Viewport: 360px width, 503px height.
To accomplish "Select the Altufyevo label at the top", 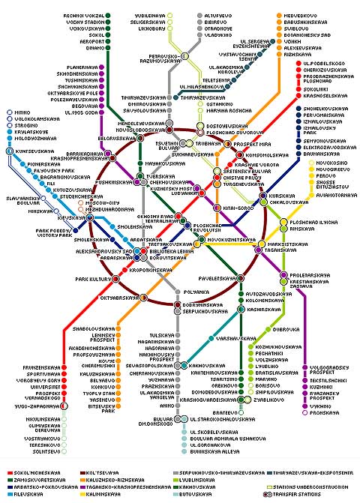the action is tap(217, 15).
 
